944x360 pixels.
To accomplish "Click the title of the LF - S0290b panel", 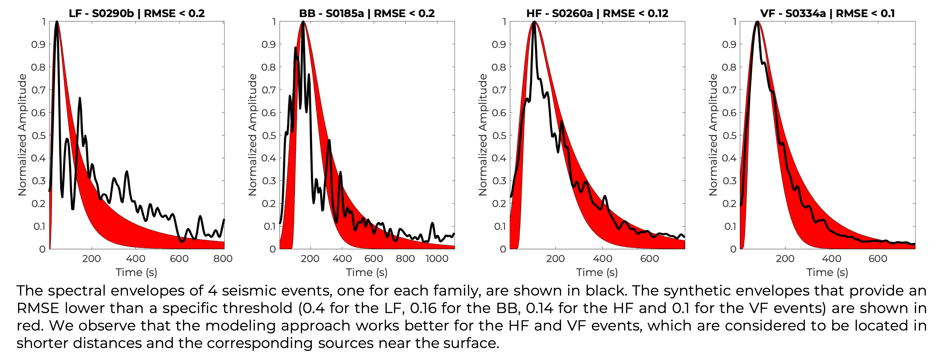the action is pyautogui.click(x=136, y=13).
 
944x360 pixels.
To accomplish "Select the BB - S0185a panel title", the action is pyautogui.click(x=367, y=13).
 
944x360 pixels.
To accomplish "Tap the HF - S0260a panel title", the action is pyautogui.click(x=597, y=13).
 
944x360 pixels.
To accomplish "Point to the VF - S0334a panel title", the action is pyautogui.click(x=827, y=13).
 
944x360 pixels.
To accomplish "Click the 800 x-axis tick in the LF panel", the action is pyautogui.click(x=223, y=259).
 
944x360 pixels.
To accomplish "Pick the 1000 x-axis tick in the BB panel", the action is pyautogui.click(x=437, y=259).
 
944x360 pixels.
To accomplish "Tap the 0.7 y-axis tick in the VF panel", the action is pyautogui.click(x=729, y=90).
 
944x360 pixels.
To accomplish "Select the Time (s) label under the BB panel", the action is pyautogui.click(x=367, y=272).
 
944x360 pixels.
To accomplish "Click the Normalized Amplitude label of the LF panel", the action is pyautogui.click(x=22, y=135).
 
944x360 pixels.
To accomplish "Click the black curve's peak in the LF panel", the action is pyautogui.click(x=57, y=22).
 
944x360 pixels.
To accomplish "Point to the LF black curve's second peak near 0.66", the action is pyautogui.click(x=79, y=98).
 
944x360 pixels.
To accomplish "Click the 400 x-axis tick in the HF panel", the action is pyautogui.click(x=603, y=259).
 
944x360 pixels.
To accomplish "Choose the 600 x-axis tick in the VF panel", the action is pyautogui.click(x=878, y=259).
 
